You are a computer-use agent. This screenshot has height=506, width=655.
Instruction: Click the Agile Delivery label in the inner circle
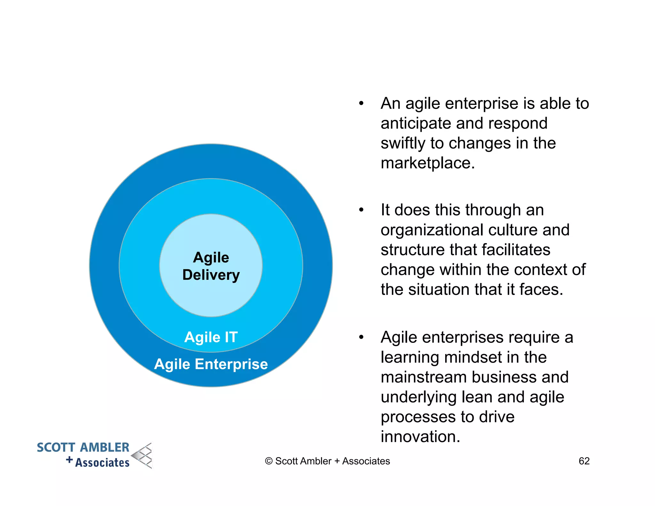tap(211, 266)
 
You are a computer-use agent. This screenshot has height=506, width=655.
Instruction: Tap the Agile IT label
tap(211, 337)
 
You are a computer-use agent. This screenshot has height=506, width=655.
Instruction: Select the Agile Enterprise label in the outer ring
tap(211, 364)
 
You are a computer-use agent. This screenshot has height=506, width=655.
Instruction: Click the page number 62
tap(584, 461)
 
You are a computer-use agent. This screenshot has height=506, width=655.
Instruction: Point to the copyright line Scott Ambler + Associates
tap(327, 461)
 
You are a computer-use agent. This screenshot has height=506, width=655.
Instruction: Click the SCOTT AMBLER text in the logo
tap(83, 447)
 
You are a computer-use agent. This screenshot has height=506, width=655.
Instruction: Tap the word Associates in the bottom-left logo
tap(102, 463)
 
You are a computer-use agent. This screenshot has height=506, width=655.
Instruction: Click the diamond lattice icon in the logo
tap(143, 456)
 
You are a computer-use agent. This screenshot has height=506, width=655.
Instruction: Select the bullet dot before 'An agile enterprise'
tap(361, 103)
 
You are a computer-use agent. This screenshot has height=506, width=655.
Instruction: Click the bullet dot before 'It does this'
tap(361, 210)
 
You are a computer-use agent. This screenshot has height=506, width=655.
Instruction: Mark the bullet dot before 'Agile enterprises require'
tap(361, 337)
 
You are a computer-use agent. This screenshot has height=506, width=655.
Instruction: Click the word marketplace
tap(428, 163)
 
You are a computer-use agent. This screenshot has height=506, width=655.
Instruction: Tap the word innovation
tap(420, 437)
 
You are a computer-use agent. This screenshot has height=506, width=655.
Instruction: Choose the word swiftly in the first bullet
tap(403, 143)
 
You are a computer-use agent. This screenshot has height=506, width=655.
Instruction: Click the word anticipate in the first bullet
tap(416, 123)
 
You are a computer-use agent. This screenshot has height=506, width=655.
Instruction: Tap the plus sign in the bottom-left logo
tap(69, 460)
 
